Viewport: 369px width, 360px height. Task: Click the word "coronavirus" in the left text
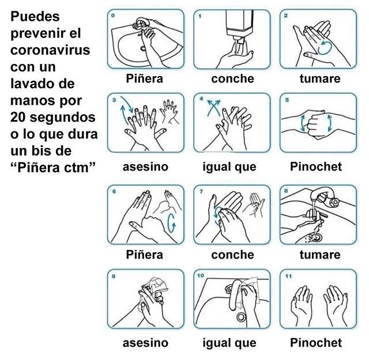click(x=50, y=50)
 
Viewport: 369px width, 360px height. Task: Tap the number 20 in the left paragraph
click(x=20, y=117)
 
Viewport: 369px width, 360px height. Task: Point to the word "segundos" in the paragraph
click(x=63, y=117)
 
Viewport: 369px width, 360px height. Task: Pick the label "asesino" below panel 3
click(x=145, y=167)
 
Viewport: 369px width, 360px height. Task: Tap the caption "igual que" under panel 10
click(x=229, y=343)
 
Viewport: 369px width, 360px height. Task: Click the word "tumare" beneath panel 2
click(x=319, y=78)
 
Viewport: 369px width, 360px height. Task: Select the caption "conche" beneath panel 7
click(x=232, y=255)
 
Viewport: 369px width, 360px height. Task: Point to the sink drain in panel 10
click(x=240, y=316)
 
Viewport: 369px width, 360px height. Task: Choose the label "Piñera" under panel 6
click(x=145, y=255)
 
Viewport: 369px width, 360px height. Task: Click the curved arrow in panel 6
click(x=171, y=222)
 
